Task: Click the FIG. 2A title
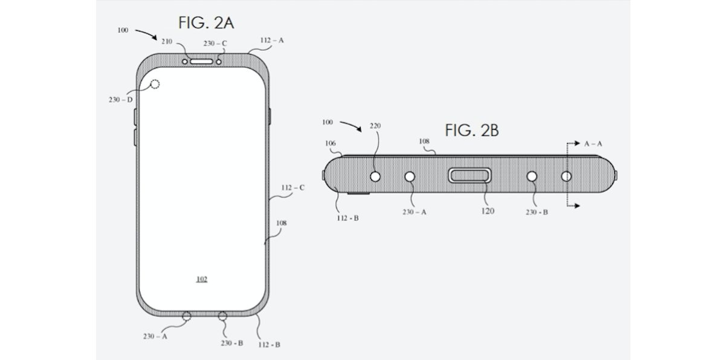coord(205,24)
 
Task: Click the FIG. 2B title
coord(471,130)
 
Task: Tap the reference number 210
coord(166,42)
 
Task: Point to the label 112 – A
coord(272,40)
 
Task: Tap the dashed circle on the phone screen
coord(155,85)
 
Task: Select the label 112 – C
coord(292,187)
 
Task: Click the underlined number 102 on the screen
coord(202,279)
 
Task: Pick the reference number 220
coord(375,126)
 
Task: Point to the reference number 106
coord(329,143)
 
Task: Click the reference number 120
coord(488,211)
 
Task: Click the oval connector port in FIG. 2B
coord(470,176)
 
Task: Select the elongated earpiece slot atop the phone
coord(200,60)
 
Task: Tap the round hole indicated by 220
coord(375,176)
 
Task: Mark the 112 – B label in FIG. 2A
coord(269,344)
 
